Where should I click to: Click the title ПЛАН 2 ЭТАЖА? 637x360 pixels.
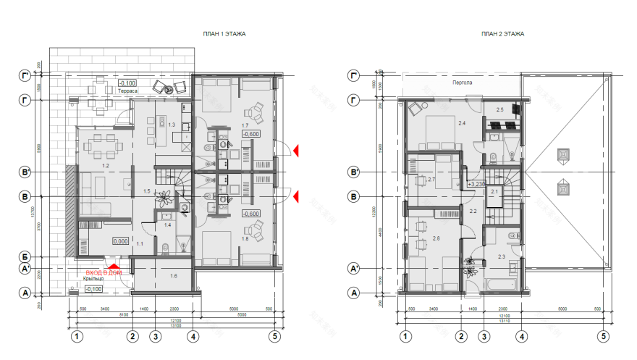(502, 34)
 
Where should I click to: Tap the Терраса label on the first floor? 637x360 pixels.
(129, 91)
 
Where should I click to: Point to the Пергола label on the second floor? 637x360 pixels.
(463, 83)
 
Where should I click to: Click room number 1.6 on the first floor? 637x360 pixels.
(174, 276)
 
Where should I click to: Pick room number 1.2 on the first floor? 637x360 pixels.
(105, 166)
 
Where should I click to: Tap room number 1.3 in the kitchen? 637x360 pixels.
(172, 125)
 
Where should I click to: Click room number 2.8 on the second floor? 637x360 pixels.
(436, 238)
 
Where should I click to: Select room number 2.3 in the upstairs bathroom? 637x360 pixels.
(502, 256)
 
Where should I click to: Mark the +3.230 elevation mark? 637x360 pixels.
(476, 184)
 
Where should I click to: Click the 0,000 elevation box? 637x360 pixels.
(120, 241)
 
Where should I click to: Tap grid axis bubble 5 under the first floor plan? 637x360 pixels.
(275, 336)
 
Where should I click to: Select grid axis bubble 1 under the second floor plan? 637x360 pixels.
(405, 336)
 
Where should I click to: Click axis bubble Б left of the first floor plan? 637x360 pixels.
(25, 257)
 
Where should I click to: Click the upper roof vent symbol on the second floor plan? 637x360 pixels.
(562, 155)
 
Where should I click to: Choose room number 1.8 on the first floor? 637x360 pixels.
(245, 238)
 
